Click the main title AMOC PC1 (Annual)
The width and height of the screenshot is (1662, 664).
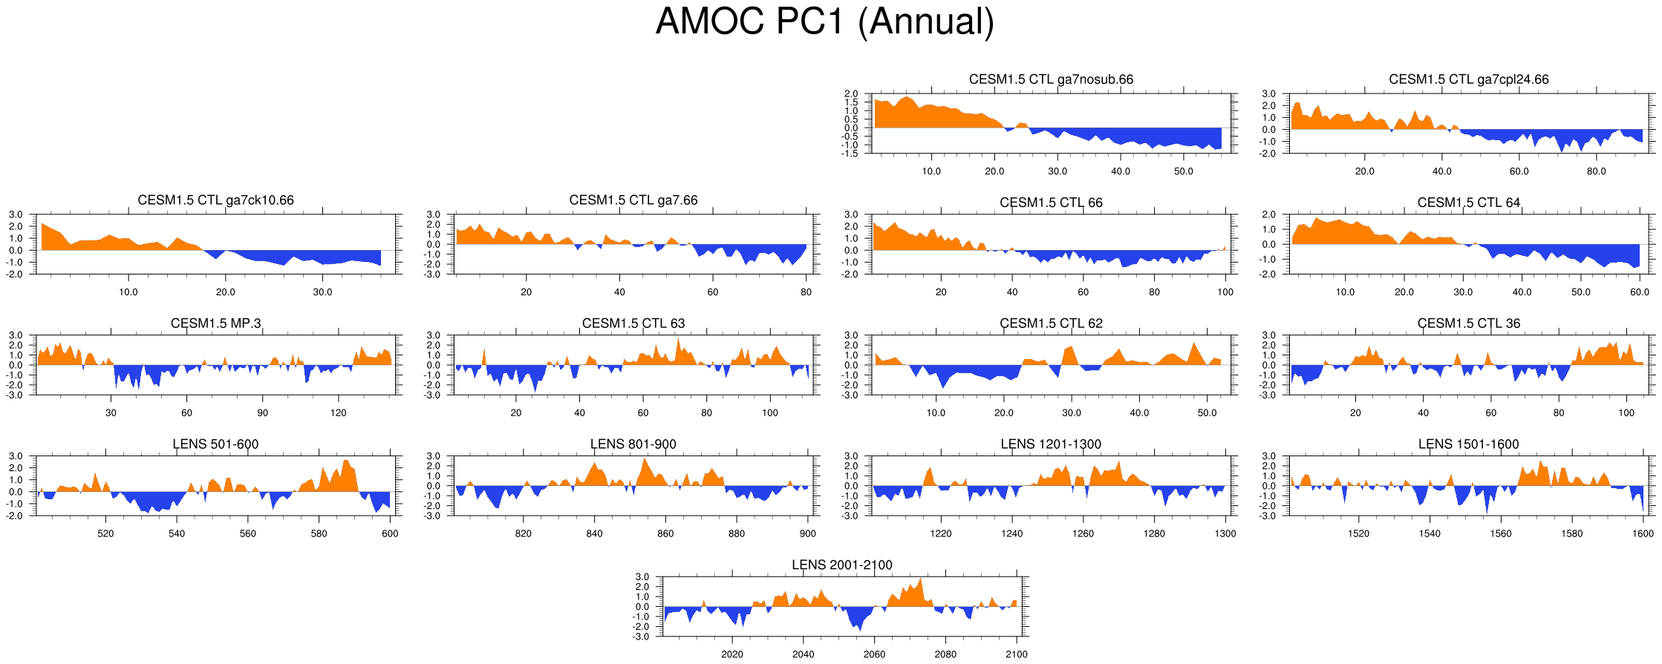(824, 22)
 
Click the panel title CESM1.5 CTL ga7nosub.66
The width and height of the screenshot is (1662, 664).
(1051, 79)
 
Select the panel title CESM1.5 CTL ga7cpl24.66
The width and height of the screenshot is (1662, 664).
(1468, 79)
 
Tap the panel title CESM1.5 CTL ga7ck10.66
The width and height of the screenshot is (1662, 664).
(215, 200)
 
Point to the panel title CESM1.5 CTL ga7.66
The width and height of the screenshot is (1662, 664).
(633, 200)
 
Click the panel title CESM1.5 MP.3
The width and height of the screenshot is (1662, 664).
(215, 323)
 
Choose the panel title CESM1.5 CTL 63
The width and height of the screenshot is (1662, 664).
(633, 323)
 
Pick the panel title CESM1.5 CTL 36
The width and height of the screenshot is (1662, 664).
(1468, 323)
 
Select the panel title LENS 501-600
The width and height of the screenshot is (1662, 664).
(215, 444)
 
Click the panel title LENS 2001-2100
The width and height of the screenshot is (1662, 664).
(841, 565)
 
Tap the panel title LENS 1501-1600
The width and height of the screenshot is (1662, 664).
(1468, 444)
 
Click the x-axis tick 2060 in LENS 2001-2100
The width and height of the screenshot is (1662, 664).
(874, 654)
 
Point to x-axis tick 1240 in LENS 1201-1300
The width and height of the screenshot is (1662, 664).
(1011, 533)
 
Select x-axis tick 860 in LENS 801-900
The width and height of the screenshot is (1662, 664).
(665, 533)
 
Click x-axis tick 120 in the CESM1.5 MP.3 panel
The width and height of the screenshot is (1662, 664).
(339, 412)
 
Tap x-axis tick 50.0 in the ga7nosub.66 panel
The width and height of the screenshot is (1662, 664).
(1184, 171)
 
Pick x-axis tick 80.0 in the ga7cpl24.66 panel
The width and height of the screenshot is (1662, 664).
(1596, 171)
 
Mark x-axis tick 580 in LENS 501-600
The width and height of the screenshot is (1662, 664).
(319, 533)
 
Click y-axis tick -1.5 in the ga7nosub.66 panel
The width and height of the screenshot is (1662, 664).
(850, 154)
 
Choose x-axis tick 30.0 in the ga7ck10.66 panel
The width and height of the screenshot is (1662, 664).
(322, 292)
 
